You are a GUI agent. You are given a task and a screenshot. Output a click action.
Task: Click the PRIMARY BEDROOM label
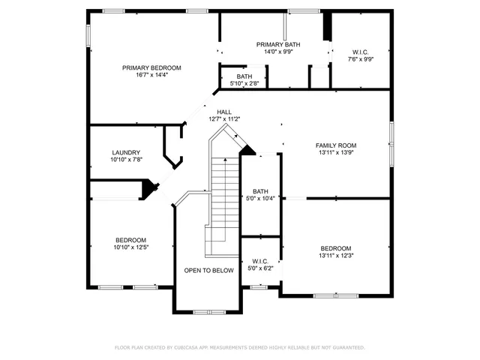(x=152, y=67)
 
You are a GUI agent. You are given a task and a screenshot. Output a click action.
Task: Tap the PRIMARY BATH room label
(x=277, y=44)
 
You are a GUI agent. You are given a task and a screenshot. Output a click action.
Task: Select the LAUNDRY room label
(x=126, y=152)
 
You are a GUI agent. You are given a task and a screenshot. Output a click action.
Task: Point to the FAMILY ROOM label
(x=335, y=145)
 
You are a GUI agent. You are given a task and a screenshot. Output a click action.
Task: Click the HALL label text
(x=223, y=112)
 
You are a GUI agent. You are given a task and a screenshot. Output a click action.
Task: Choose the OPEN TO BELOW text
(x=209, y=271)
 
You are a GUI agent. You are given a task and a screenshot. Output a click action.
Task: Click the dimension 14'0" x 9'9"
(x=277, y=52)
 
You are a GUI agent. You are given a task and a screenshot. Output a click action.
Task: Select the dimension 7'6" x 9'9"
(x=360, y=59)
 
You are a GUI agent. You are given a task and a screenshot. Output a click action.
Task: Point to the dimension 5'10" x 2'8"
(x=244, y=84)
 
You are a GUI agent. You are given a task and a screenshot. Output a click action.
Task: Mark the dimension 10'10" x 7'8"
(x=126, y=160)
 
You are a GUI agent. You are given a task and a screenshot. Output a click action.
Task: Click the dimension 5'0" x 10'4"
(x=260, y=199)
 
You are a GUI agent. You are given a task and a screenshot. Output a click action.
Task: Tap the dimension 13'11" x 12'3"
(x=335, y=256)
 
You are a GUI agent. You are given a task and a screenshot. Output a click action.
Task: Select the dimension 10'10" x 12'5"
(x=130, y=247)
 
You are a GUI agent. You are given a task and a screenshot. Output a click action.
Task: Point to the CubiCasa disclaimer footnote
(x=239, y=348)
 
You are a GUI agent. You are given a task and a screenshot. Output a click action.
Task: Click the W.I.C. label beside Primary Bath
(x=360, y=52)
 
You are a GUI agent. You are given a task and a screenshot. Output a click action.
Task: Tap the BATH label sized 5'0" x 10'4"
(x=260, y=191)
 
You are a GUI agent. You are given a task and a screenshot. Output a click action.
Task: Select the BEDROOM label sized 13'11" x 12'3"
(x=335, y=248)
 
